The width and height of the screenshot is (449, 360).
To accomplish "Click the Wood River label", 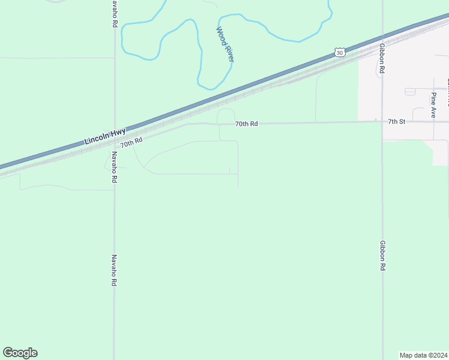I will [224, 44].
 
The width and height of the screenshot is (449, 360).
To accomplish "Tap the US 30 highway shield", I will [340, 53].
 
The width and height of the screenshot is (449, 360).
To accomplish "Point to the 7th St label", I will [397, 121].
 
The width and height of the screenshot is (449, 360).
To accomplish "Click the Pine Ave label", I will [433, 104].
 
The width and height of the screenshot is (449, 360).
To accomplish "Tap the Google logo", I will [20, 353].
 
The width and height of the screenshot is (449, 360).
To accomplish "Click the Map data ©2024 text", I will [423, 355].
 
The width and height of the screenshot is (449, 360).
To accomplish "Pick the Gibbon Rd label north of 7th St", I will [382, 58].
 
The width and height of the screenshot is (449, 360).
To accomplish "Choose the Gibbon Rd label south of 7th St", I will [382, 256].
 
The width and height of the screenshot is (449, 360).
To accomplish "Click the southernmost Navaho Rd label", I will [113, 270].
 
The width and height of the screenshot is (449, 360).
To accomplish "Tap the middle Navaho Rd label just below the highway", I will [113, 167].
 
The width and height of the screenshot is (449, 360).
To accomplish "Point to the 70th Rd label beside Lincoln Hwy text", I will [131, 142].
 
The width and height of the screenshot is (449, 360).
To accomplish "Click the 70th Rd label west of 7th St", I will [246, 124].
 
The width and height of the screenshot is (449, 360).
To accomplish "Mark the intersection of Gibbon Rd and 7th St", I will [382, 122].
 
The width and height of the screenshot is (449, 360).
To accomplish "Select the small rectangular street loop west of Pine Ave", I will [410, 92].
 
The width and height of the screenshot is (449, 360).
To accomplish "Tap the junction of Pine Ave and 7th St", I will [433, 122].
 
